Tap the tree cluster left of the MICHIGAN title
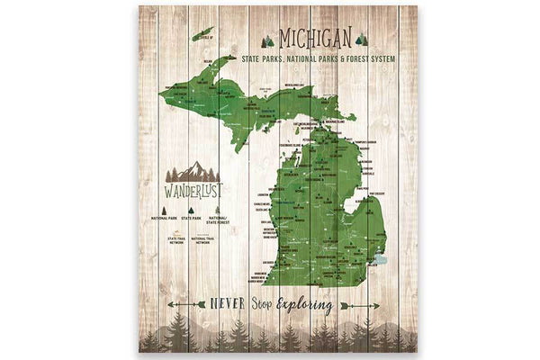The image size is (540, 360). click(x=267, y=41)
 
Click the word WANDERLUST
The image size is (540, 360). click(x=193, y=190)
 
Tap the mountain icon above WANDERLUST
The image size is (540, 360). click(x=193, y=171)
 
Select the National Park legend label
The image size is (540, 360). click(x=164, y=218)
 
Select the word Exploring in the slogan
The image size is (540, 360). click(x=305, y=305)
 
